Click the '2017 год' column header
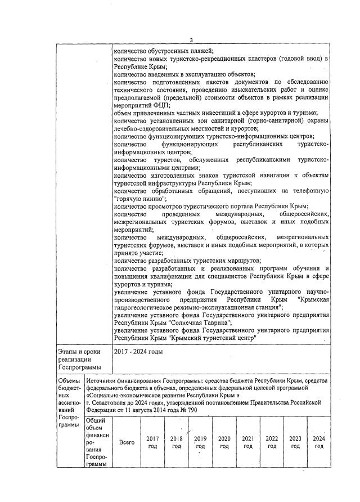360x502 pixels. click(x=152, y=442)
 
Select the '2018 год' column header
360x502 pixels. click(x=176, y=442)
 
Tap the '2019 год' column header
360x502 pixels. click(x=200, y=442)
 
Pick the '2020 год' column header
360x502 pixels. click(x=224, y=442)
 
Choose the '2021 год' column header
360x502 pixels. click(x=248, y=442)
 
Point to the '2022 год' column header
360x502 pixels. click(x=272, y=442)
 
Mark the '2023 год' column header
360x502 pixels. click(x=295, y=442)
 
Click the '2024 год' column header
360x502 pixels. click(x=319, y=442)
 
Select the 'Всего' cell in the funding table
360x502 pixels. click(x=127, y=442)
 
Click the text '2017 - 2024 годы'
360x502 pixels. click(x=138, y=351)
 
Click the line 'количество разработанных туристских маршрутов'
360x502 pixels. click(x=186, y=261)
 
